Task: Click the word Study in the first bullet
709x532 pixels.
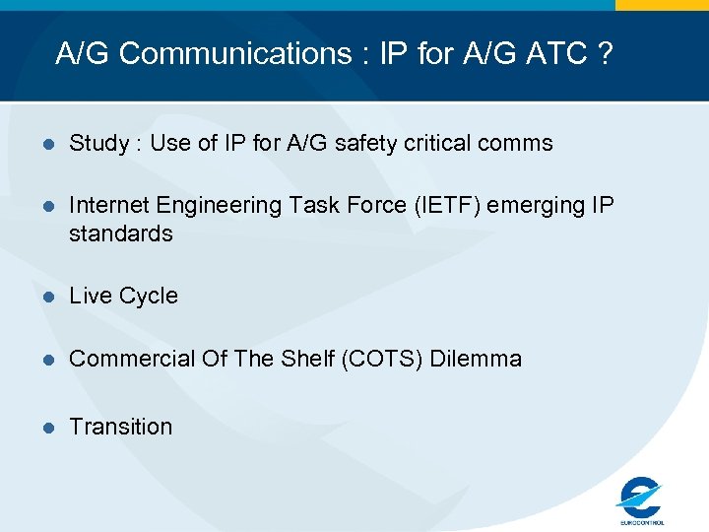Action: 98,144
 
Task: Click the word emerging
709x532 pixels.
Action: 533,205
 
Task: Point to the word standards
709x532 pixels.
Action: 120,234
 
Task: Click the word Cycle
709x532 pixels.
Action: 149,297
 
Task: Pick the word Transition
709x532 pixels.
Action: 120,427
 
